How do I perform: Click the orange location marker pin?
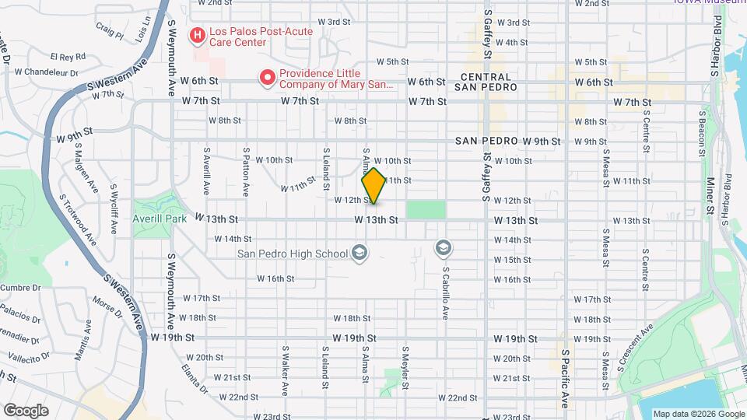(373, 186)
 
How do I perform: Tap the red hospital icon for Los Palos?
(198, 36)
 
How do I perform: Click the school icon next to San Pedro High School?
(359, 252)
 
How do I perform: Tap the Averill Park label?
(160, 219)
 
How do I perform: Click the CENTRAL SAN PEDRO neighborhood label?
(486, 82)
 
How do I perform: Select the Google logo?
(26, 410)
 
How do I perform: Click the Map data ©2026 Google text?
(698, 414)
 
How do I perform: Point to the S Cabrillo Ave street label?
(447, 294)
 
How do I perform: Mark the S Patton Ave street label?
(245, 171)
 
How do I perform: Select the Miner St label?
(710, 195)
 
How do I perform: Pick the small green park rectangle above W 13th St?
(426, 209)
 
